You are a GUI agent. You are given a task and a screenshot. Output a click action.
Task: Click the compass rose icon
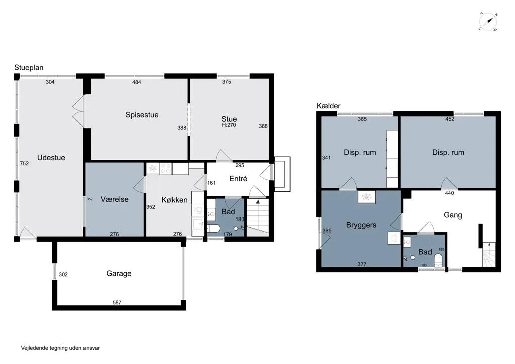[488, 22]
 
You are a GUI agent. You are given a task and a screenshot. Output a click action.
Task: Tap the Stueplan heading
[29, 68]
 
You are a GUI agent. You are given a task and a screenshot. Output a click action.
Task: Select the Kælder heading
[328, 106]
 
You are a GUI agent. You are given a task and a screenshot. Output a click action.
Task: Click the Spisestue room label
[142, 115]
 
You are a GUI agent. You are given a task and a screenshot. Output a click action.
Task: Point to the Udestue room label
[51, 158]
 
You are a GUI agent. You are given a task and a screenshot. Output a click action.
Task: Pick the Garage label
[119, 273]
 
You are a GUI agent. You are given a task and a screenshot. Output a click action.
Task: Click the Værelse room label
[114, 199]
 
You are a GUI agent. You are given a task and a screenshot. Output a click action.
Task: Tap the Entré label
[238, 179]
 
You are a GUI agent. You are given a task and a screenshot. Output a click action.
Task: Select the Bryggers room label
[361, 225]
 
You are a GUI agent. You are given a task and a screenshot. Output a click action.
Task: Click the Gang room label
[453, 215]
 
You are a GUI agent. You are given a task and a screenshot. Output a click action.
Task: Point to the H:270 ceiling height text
[229, 125]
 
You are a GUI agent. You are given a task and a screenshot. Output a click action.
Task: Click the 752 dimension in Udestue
[24, 163]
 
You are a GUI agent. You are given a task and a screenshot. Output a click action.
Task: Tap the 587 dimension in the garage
[117, 302]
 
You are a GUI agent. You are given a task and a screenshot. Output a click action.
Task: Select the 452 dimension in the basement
[449, 119]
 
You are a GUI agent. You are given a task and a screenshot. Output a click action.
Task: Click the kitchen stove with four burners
[166, 169]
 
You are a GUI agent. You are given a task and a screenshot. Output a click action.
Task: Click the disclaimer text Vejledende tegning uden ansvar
[60, 348]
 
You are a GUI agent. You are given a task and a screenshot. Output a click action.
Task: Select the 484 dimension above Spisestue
[137, 82]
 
